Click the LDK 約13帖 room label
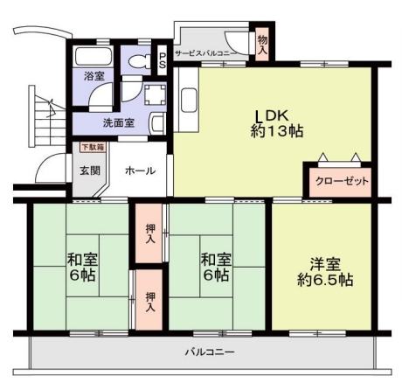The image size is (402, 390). (277, 123)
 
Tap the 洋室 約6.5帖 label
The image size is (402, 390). (325, 272)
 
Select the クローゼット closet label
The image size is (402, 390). (342, 181)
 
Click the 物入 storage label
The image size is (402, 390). (263, 45)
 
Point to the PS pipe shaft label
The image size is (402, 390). (163, 60)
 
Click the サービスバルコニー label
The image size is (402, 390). (206, 53)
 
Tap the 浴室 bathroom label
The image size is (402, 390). (94, 76)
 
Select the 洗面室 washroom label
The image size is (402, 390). (119, 123)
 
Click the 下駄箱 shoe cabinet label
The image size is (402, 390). (93, 147)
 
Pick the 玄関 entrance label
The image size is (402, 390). (90, 171)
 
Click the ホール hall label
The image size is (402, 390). (140, 171)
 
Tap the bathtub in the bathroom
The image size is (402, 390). (94, 57)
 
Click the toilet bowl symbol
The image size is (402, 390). (139, 62)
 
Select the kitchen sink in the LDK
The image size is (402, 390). (189, 101)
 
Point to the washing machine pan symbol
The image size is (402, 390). (155, 94)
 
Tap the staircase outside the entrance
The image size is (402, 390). (47, 116)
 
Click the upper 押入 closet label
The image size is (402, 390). (150, 233)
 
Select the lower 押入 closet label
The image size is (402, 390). (150, 302)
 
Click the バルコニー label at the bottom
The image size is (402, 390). (210, 352)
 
